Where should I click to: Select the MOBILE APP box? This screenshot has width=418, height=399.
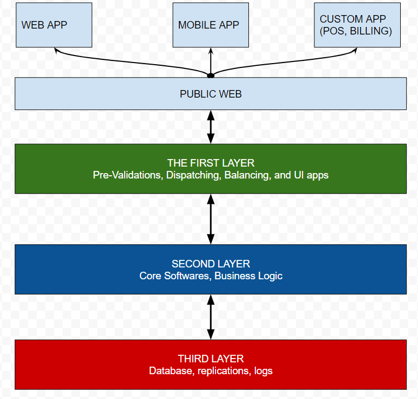pyautogui.click(x=211, y=25)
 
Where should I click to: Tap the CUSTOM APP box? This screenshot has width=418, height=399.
pyautogui.click(x=356, y=25)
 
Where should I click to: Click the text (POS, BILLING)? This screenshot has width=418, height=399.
pyautogui.click(x=356, y=31)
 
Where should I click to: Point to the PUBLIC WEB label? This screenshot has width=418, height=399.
pyautogui.click(x=211, y=94)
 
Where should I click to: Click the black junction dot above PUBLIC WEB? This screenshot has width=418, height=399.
pyautogui.click(x=211, y=75)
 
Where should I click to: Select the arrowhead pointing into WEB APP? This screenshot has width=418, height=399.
pyautogui.click(x=56, y=50)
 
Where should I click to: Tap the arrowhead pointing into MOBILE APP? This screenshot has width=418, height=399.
pyautogui.click(x=211, y=50)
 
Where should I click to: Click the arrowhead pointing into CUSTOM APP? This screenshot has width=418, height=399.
pyautogui.click(x=355, y=50)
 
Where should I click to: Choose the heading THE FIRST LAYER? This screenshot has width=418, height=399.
pyautogui.click(x=211, y=163)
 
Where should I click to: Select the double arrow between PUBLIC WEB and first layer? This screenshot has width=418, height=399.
pyautogui.click(x=211, y=127)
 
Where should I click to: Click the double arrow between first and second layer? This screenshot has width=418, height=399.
pyautogui.click(x=211, y=219)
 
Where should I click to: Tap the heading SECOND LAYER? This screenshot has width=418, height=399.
pyautogui.click(x=211, y=264)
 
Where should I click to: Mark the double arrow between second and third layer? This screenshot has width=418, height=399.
pyautogui.click(x=211, y=317)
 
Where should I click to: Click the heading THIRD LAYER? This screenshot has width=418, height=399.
pyautogui.click(x=211, y=359)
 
